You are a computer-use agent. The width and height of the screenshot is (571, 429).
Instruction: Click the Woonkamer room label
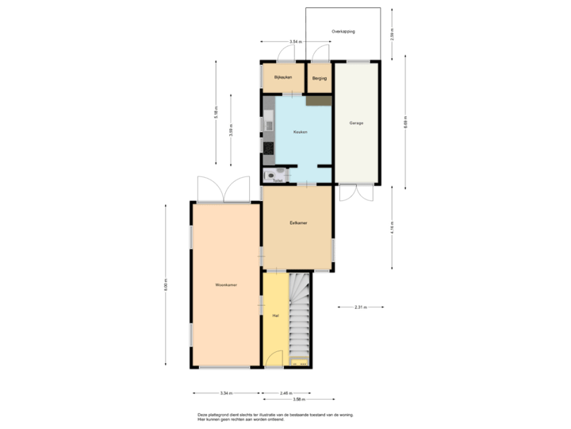click(x=226, y=284)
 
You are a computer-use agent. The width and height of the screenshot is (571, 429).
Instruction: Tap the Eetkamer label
click(x=298, y=224)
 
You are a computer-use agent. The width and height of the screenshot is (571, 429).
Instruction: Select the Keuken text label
click(x=300, y=132)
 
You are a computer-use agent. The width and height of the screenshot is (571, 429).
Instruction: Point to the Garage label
click(x=356, y=123)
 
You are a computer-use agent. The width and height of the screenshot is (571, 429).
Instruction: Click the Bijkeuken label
click(x=283, y=77)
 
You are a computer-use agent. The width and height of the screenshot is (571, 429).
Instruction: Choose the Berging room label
click(x=320, y=77)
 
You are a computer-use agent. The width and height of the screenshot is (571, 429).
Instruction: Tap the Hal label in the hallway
click(x=274, y=315)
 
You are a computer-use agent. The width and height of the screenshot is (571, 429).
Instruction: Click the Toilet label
click(x=277, y=180)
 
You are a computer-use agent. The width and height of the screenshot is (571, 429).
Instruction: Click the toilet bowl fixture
click(x=271, y=175)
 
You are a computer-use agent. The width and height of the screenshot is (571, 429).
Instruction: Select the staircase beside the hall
click(x=299, y=318)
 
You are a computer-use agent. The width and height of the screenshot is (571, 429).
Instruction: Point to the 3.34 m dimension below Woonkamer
click(x=226, y=392)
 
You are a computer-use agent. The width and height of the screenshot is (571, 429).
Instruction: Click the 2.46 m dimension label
click(x=284, y=392)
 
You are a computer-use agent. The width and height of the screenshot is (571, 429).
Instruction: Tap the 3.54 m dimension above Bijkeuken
click(x=295, y=41)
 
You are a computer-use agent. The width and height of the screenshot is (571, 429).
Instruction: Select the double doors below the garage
click(x=356, y=195)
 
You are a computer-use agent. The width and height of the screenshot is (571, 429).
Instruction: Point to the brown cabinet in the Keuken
click(x=319, y=101)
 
